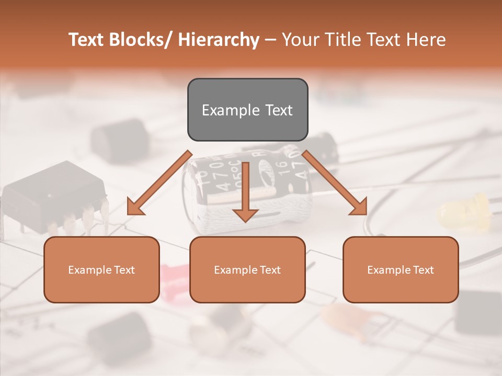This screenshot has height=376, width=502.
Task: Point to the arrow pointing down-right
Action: click(335, 183)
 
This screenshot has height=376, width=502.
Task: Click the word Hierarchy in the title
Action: click(219, 40)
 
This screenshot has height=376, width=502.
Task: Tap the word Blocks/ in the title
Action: click(142, 40)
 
